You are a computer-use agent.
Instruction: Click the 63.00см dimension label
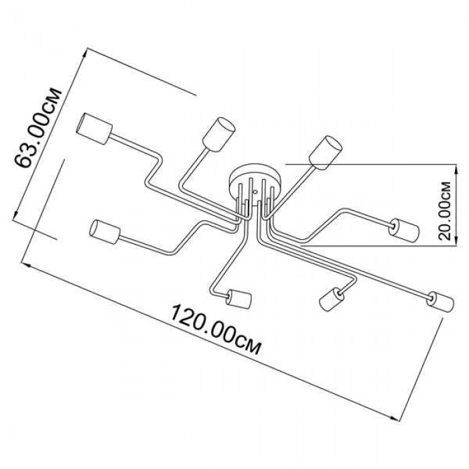click(x=38, y=128)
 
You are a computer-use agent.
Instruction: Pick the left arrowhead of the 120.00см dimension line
click(x=26, y=265)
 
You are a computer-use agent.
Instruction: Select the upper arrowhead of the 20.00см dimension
click(x=456, y=168)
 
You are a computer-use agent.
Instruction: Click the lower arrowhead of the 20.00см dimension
click(x=456, y=243)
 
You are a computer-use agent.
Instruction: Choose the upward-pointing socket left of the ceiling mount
click(x=219, y=135)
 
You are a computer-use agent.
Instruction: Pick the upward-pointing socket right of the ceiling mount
click(x=325, y=153)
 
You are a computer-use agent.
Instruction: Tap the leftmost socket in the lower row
click(x=105, y=232)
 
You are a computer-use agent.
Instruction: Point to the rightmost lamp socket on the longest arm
click(x=441, y=301)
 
